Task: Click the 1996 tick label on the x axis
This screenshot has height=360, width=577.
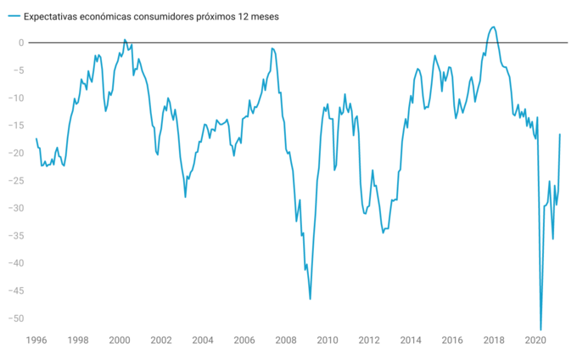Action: [x=36, y=340]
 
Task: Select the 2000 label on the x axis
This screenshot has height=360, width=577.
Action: [x=119, y=340]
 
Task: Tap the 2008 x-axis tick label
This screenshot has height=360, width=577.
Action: [x=285, y=340]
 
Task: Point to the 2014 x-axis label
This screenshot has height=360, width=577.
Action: [x=411, y=340]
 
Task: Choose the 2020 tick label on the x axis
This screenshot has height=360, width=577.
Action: [x=535, y=340]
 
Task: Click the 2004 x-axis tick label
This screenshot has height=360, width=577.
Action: [x=202, y=340]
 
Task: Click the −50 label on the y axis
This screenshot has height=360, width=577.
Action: [x=17, y=318]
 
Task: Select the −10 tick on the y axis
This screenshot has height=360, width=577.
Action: [x=17, y=98]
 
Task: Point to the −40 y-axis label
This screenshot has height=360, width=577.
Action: [x=17, y=263]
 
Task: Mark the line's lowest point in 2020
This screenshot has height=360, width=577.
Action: [x=541, y=329]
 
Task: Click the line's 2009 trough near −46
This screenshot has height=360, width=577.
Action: [x=310, y=299]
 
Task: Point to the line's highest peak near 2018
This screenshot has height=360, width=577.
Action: [x=493, y=26]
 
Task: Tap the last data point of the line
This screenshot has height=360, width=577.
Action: [x=560, y=134]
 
